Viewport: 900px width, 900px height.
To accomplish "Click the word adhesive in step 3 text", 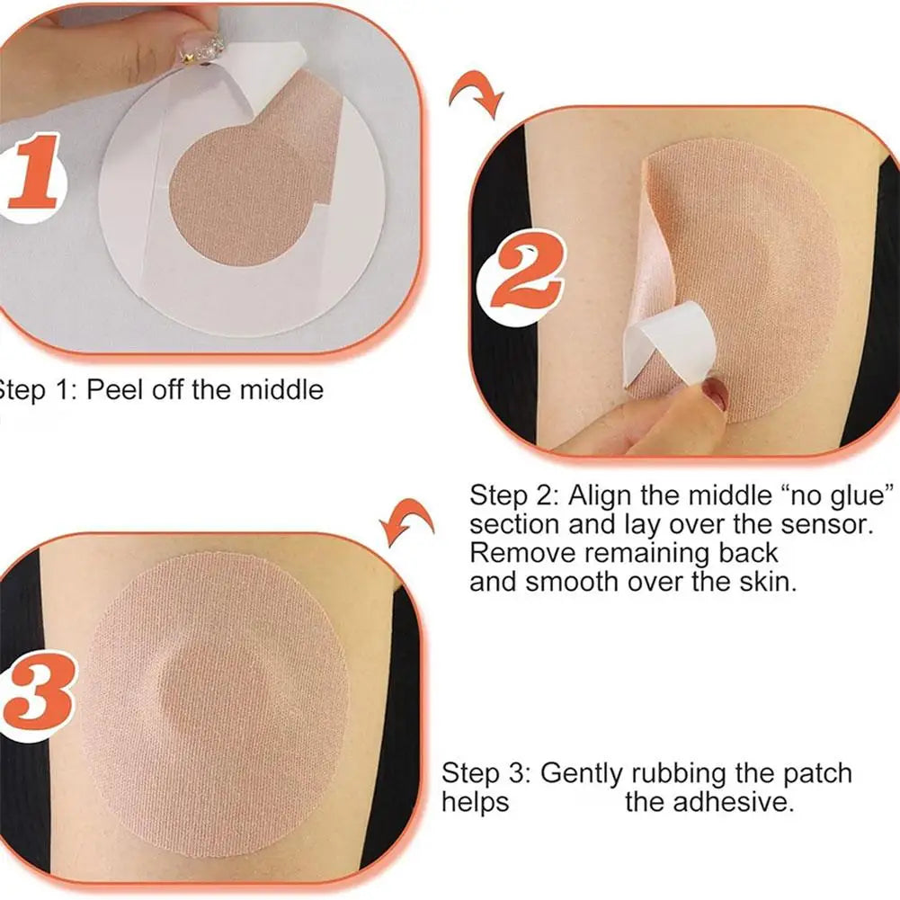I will coord(709,801).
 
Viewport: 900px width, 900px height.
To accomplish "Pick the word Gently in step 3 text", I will coord(584,772).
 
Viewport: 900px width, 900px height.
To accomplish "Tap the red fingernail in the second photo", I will coord(716,393).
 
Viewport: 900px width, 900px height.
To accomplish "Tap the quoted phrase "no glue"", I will coord(840,495).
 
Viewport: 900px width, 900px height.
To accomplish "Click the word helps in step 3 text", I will coord(475,801).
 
